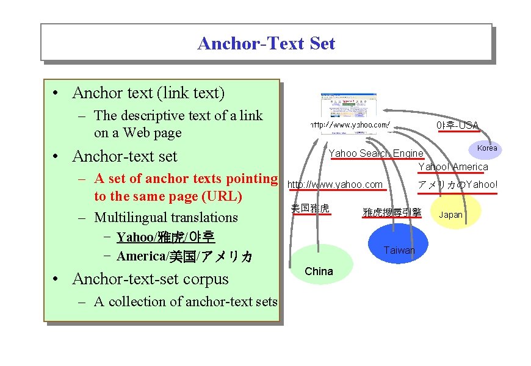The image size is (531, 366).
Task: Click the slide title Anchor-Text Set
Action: tap(266, 43)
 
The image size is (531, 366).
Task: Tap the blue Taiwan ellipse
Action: tap(399, 244)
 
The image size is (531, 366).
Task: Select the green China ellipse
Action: tap(319, 265)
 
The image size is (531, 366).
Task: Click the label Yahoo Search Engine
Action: tap(375, 153)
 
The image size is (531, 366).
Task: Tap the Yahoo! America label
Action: tap(453, 167)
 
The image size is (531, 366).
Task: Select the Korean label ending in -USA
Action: tap(457, 126)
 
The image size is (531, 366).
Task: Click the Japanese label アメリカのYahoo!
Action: tap(457, 185)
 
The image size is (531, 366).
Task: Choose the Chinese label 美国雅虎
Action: tap(310, 209)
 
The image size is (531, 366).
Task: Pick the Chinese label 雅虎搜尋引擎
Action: tap(392, 212)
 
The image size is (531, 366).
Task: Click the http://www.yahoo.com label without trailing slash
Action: tap(335, 185)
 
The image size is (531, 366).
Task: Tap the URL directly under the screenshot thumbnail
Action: tap(350, 124)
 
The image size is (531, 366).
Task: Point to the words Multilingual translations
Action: tap(166, 217)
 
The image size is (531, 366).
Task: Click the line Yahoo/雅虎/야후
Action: tap(165, 237)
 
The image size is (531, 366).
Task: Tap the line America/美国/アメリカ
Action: tap(184, 256)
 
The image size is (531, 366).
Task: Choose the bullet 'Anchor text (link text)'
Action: tap(148, 93)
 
